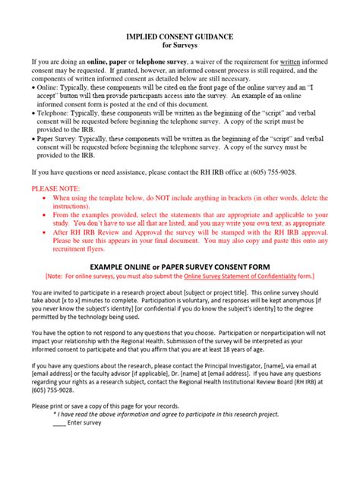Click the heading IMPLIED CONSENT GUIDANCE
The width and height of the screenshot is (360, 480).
[x=179, y=36]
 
